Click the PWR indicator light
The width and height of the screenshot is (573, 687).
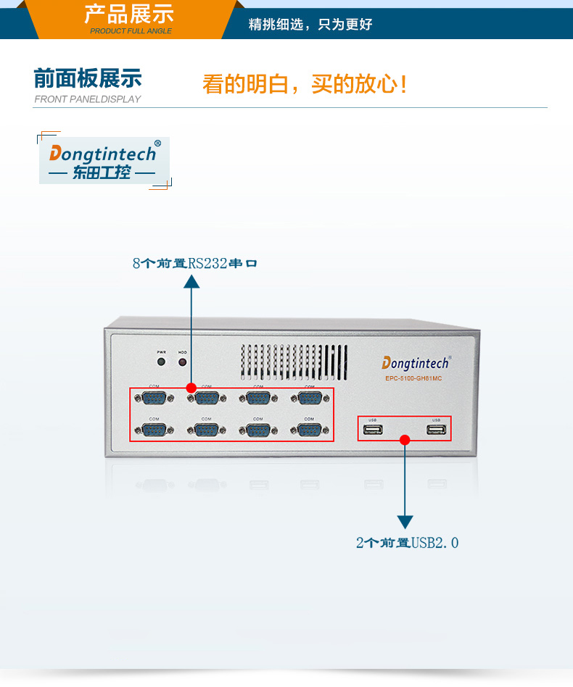[x=161, y=361]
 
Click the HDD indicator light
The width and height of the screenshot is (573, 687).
[x=182, y=361]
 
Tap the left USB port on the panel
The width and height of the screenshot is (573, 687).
[x=373, y=430]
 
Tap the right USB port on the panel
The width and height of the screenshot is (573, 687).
[x=436, y=430]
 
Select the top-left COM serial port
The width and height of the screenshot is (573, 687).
[x=154, y=397]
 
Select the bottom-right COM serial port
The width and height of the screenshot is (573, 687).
[x=309, y=430]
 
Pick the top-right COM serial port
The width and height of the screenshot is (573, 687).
[x=310, y=397]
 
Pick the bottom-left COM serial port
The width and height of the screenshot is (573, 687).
[x=154, y=430]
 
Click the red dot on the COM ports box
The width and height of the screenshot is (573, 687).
[x=191, y=388]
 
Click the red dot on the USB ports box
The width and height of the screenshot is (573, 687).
[x=405, y=439]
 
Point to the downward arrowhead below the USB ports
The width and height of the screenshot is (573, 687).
[x=405, y=522]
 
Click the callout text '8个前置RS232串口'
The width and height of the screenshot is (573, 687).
[x=194, y=263]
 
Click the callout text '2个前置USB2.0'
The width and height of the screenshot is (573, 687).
[x=407, y=542]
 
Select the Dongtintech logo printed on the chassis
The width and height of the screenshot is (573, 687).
[x=416, y=362]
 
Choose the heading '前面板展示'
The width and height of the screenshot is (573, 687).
[x=88, y=78]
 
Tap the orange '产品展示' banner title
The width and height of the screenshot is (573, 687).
[x=128, y=14]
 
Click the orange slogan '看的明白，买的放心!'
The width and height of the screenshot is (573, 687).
[x=305, y=84]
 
